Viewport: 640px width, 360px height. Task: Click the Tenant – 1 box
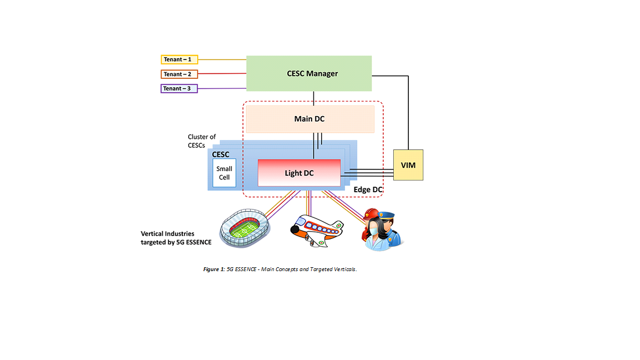[179, 59]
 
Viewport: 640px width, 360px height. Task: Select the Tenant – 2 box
[179, 74]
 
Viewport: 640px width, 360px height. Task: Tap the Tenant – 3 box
[179, 88]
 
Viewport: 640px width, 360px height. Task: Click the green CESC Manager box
[309, 73]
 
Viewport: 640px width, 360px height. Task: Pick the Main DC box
[309, 119]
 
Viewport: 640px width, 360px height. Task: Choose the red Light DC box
[299, 173]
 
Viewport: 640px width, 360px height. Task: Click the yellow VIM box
[408, 165]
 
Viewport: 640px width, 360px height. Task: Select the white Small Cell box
[224, 173]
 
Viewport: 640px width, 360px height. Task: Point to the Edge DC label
[368, 190]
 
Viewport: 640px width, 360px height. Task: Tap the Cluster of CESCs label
[202, 141]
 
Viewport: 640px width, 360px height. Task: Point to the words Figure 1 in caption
[213, 269]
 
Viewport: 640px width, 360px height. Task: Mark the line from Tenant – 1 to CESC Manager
[222, 59]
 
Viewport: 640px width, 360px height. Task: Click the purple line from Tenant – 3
[222, 88]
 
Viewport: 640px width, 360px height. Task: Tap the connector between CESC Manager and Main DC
[314, 98]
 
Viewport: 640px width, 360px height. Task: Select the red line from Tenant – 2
[222, 74]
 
